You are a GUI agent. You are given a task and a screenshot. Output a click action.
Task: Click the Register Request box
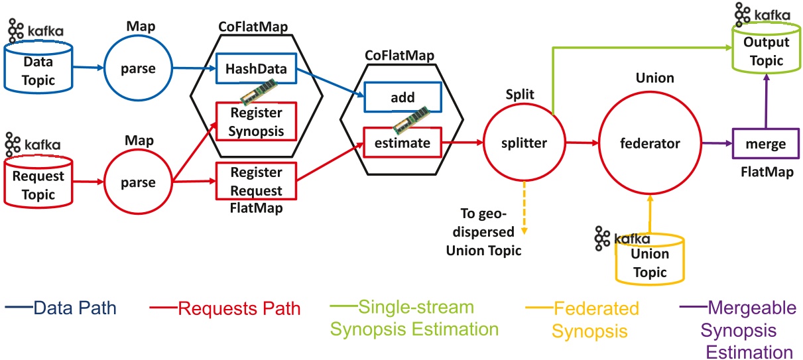pyautogui.click(x=256, y=182)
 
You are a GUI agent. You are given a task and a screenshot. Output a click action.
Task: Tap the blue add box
pyautogui.click(x=402, y=97)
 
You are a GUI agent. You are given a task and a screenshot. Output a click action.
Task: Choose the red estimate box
pyautogui.click(x=402, y=143)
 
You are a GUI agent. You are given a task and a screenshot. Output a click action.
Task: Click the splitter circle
pyautogui.click(x=525, y=142)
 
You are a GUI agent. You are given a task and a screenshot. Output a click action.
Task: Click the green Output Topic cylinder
pyautogui.click(x=765, y=52)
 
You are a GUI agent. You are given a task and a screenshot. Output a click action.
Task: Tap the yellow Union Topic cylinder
pyautogui.click(x=649, y=263)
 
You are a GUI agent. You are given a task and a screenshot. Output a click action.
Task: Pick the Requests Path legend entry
pyautogui.click(x=225, y=309)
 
